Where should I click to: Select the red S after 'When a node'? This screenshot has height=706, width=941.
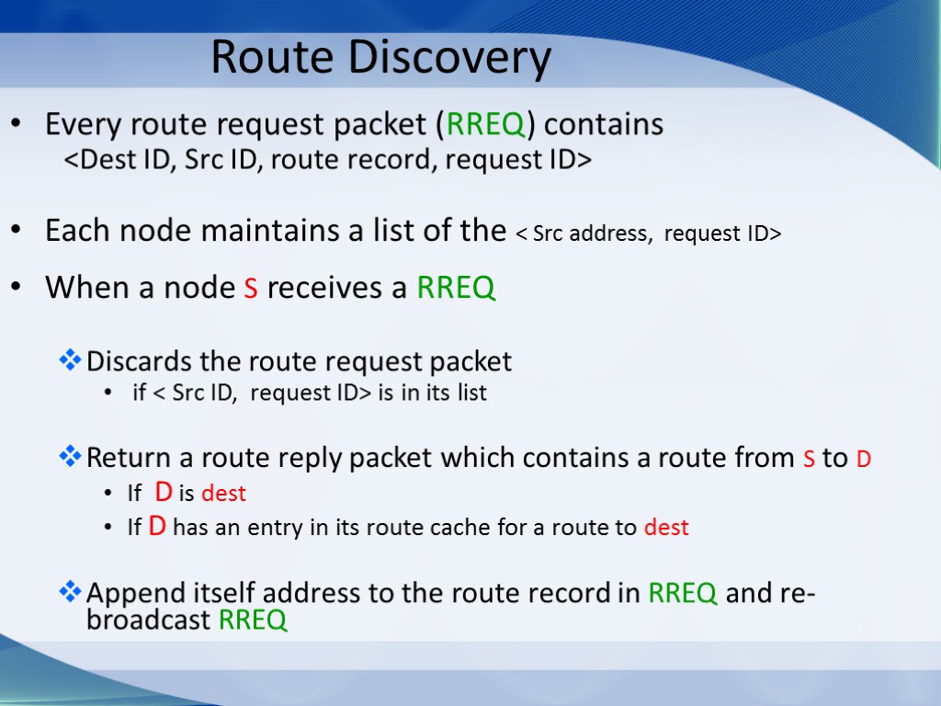coord(250,289)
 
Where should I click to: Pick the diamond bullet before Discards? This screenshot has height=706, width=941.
coord(70,361)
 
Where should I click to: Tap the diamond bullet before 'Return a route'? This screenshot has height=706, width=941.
coord(70,457)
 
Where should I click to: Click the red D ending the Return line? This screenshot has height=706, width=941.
coord(864,458)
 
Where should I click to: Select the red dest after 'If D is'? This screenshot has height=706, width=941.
coord(224,494)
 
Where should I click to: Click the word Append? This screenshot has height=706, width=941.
coord(134,594)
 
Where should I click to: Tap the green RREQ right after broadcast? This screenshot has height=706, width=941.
coord(254,621)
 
